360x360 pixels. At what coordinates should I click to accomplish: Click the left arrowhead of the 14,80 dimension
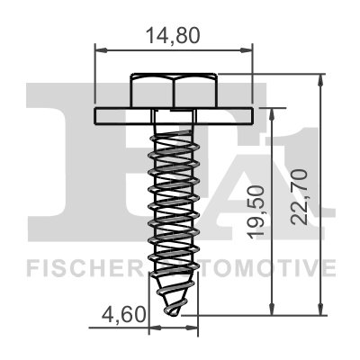99,51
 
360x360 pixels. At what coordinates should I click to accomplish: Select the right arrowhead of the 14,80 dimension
249,51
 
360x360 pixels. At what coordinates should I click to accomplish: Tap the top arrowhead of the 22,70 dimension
319,80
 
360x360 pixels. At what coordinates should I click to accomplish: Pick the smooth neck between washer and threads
175,124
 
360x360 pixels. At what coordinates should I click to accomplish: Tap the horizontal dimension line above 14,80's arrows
174,51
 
